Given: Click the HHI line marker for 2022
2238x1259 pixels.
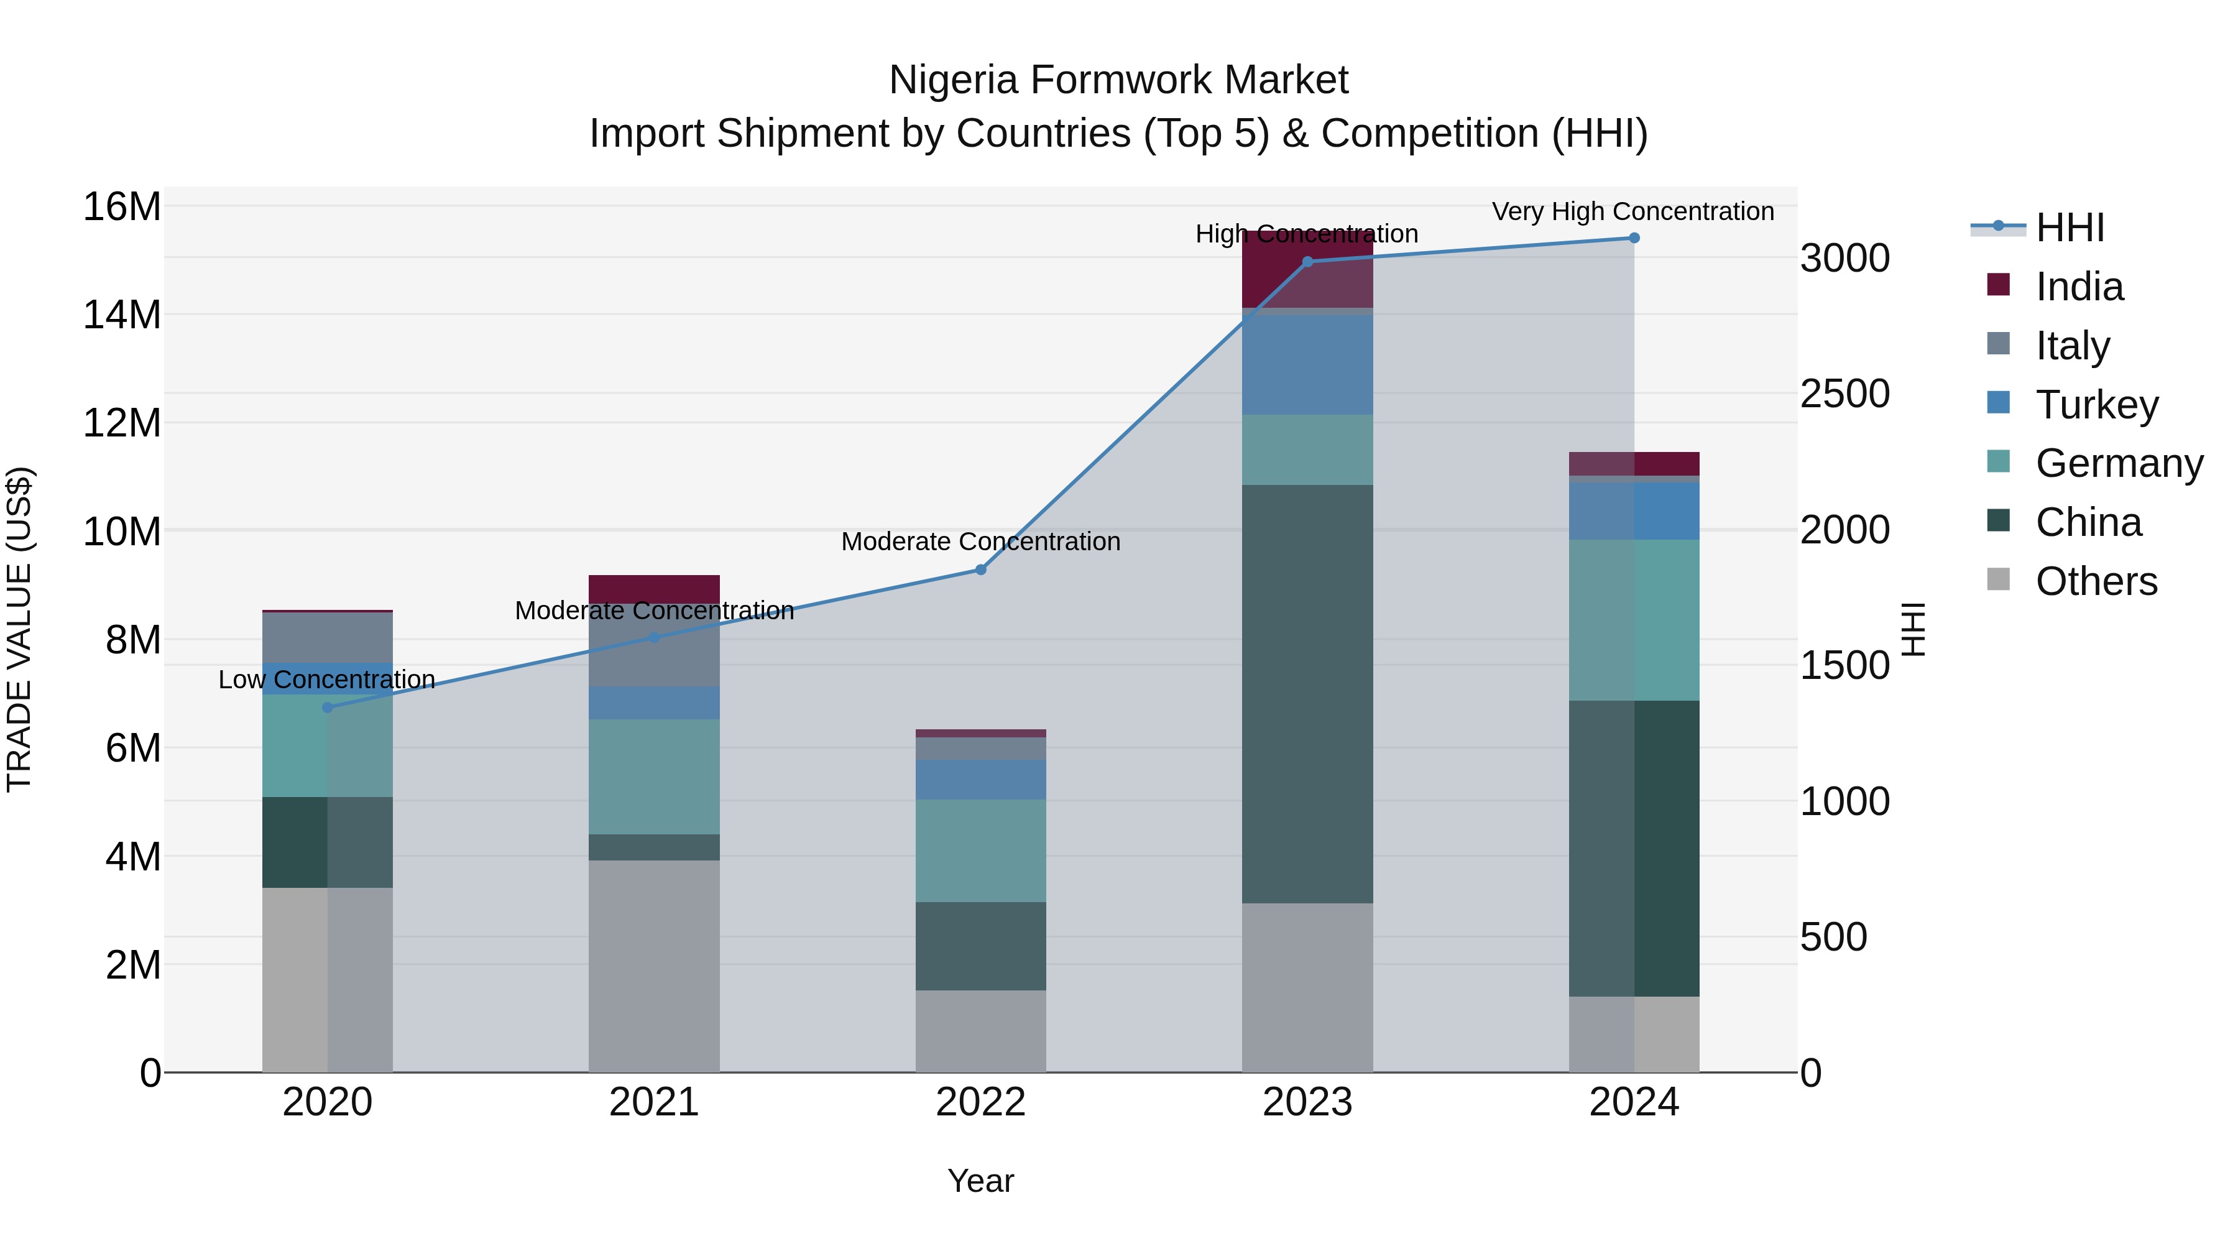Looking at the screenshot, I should [x=981, y=570].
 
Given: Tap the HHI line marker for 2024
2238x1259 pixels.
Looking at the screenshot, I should [x=1634, y=238].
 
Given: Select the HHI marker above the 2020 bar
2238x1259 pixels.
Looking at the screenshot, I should [x=328, y=708].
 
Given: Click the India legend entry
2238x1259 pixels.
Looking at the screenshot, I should [x=2079, y=287].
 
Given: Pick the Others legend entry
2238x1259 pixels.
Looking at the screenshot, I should [x=2096, y=581].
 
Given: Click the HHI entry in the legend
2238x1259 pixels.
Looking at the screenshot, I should [x=2070, y=228].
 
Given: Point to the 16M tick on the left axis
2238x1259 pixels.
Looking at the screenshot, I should [x=122, y=207].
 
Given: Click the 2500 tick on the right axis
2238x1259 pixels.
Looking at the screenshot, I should [x=1844, y=394].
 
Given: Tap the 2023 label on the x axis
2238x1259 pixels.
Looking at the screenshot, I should [x=1307, y=1102].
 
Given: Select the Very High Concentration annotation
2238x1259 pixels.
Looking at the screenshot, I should [x=1633, y=211].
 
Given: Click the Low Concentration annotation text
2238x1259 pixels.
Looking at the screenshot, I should [x=326, y=680].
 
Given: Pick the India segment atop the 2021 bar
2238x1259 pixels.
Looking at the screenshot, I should [x=654, y=588].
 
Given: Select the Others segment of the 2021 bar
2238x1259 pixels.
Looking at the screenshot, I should [x=654, y=964].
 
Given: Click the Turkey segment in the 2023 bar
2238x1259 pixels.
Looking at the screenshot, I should [x=1307, y=365].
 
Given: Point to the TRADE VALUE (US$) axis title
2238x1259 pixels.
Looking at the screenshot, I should [x=19, y=629].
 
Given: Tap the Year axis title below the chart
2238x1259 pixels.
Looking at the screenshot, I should [x=981, y=1181].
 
